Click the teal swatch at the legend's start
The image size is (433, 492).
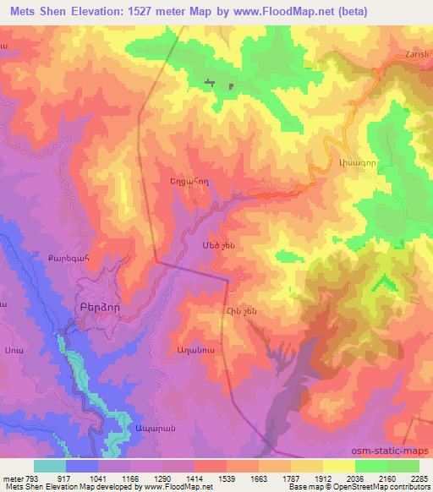pyautogui.click(x=50, y=466)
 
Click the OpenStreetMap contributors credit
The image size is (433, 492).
pyautogui.click(x=383, y=488)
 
